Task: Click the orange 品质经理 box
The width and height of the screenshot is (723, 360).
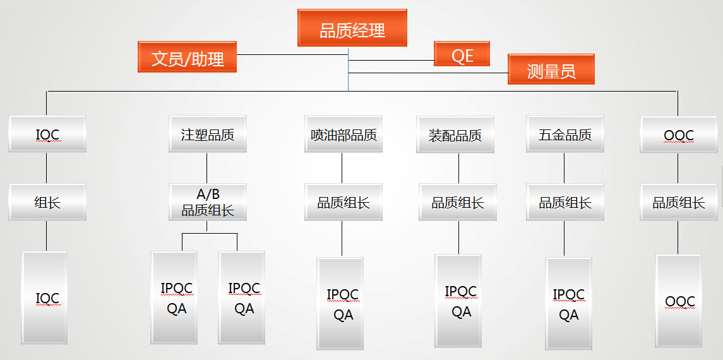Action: [352, 28]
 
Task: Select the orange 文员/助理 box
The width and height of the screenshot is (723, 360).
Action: [187, 57]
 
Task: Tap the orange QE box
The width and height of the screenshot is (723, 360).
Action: [462, 54]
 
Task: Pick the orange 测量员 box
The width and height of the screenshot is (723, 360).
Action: [551, 69]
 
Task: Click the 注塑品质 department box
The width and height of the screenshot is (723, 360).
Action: [207, 134]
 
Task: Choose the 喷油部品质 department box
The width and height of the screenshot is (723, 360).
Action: [344, 134]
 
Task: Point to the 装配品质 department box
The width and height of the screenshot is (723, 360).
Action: [455, 134]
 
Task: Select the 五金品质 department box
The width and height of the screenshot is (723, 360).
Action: [565, 134]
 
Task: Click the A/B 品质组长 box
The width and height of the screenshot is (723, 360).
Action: [207, 202]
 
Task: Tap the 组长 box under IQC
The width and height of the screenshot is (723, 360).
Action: [47, 202]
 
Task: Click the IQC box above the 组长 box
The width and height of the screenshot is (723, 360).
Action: [47, 134]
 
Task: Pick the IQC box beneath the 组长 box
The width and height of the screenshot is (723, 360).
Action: [44, 297]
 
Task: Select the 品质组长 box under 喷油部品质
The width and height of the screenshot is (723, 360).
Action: [344, 202]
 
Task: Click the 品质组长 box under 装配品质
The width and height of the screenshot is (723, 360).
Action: [458, 202]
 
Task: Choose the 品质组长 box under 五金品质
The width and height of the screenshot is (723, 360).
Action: [565, 202]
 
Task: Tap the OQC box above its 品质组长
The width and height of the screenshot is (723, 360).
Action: [679, 134]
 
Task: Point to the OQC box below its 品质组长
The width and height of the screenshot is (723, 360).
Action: [679, 301]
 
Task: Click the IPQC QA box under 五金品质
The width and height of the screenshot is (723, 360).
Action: [568, 304]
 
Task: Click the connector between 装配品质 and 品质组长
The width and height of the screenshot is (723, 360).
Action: [458, 168]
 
